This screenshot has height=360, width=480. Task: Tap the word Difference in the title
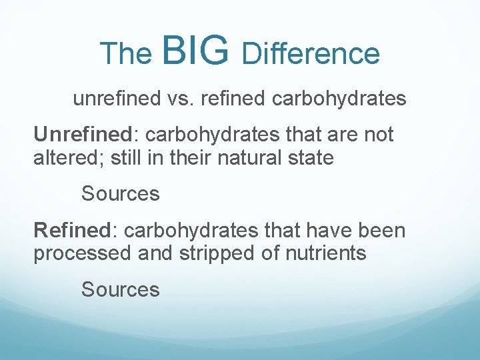point(311,54)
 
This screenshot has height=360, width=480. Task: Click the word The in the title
point(126,54)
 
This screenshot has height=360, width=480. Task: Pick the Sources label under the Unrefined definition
point(121,194)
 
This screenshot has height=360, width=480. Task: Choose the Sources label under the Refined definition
point(121,289)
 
